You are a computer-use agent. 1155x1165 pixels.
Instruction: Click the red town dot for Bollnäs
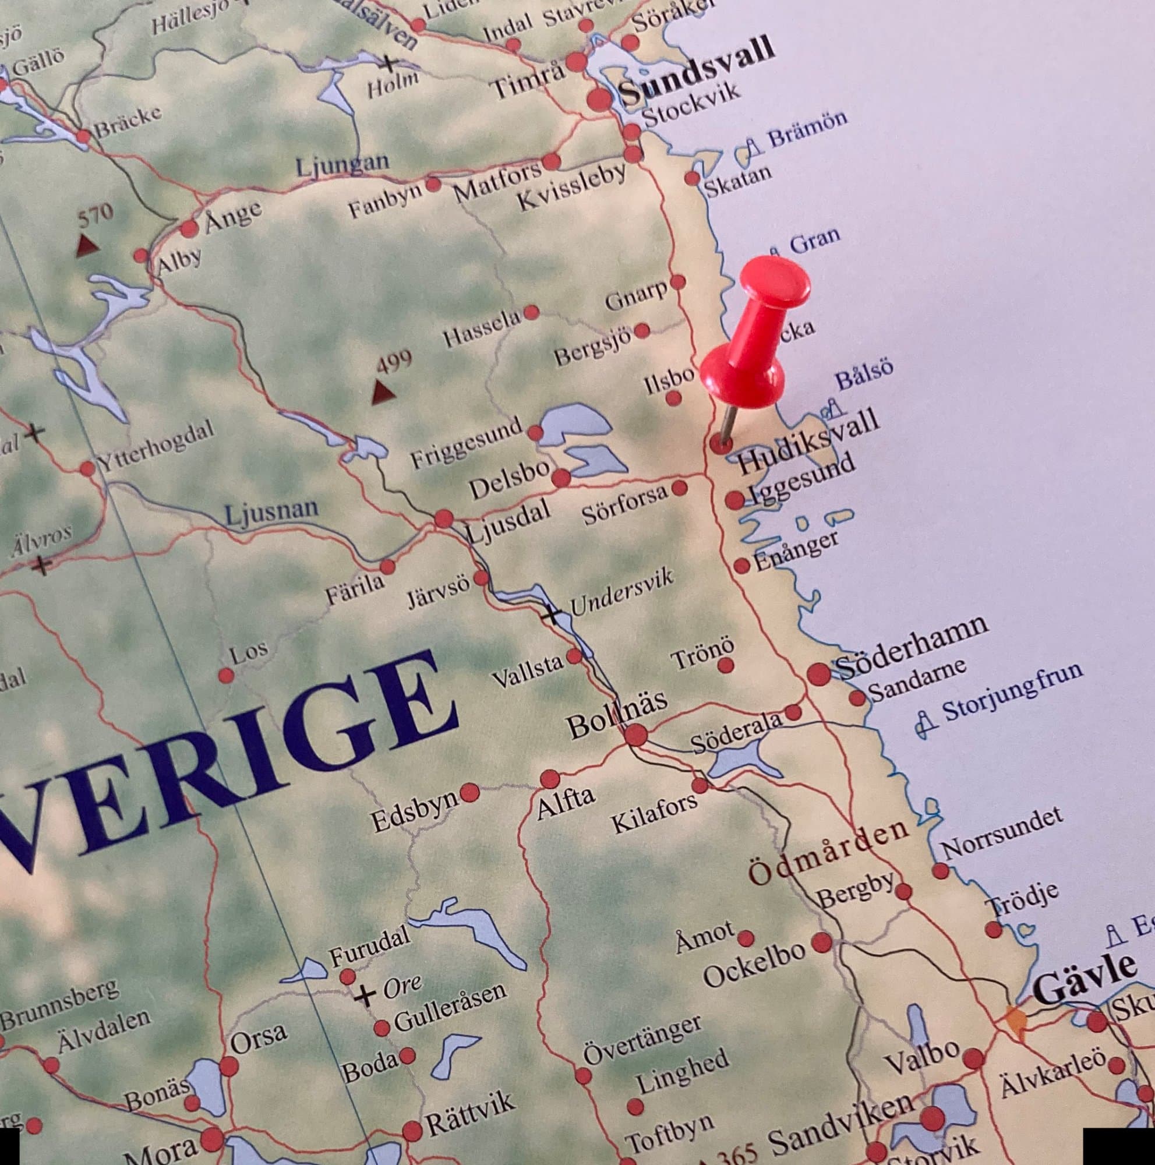tap(635, 735)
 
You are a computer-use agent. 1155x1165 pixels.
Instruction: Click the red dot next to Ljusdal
tap(444, 518)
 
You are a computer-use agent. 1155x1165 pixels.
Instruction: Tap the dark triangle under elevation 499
tap(383, 393)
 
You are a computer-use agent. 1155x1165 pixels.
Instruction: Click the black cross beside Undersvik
tap(550, 615)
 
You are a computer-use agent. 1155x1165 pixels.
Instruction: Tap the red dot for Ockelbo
tap(822, 942)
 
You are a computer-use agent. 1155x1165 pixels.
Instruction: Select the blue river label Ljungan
tap(342, 165)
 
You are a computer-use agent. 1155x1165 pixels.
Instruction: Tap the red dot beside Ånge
tap(189, 228)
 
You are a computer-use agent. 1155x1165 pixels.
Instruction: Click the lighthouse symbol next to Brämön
tap(751, 147)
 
